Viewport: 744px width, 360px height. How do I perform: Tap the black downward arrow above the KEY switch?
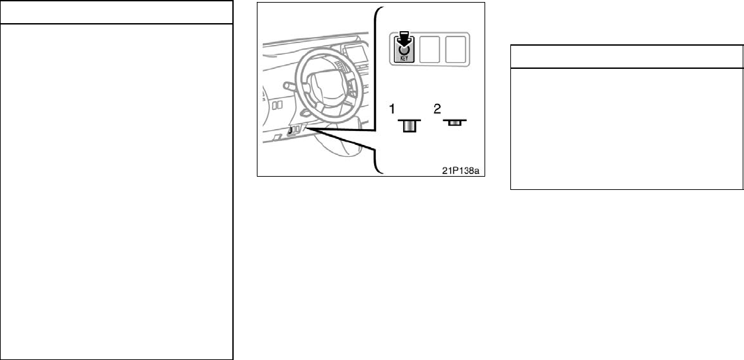point(403,40)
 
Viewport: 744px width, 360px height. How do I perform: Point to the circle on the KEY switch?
point(403,48)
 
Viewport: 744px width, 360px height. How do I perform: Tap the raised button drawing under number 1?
point(409,125)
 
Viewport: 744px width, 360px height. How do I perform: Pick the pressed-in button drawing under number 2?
point(453,122)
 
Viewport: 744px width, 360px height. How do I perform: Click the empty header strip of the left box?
point(116,13)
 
